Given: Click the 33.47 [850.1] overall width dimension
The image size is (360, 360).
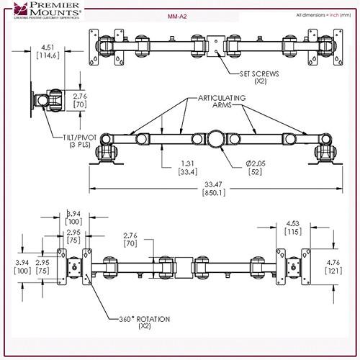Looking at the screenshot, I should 212,189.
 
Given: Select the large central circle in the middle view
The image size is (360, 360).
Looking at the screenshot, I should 215,138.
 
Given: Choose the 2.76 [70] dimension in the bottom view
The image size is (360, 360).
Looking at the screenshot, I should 130,240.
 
